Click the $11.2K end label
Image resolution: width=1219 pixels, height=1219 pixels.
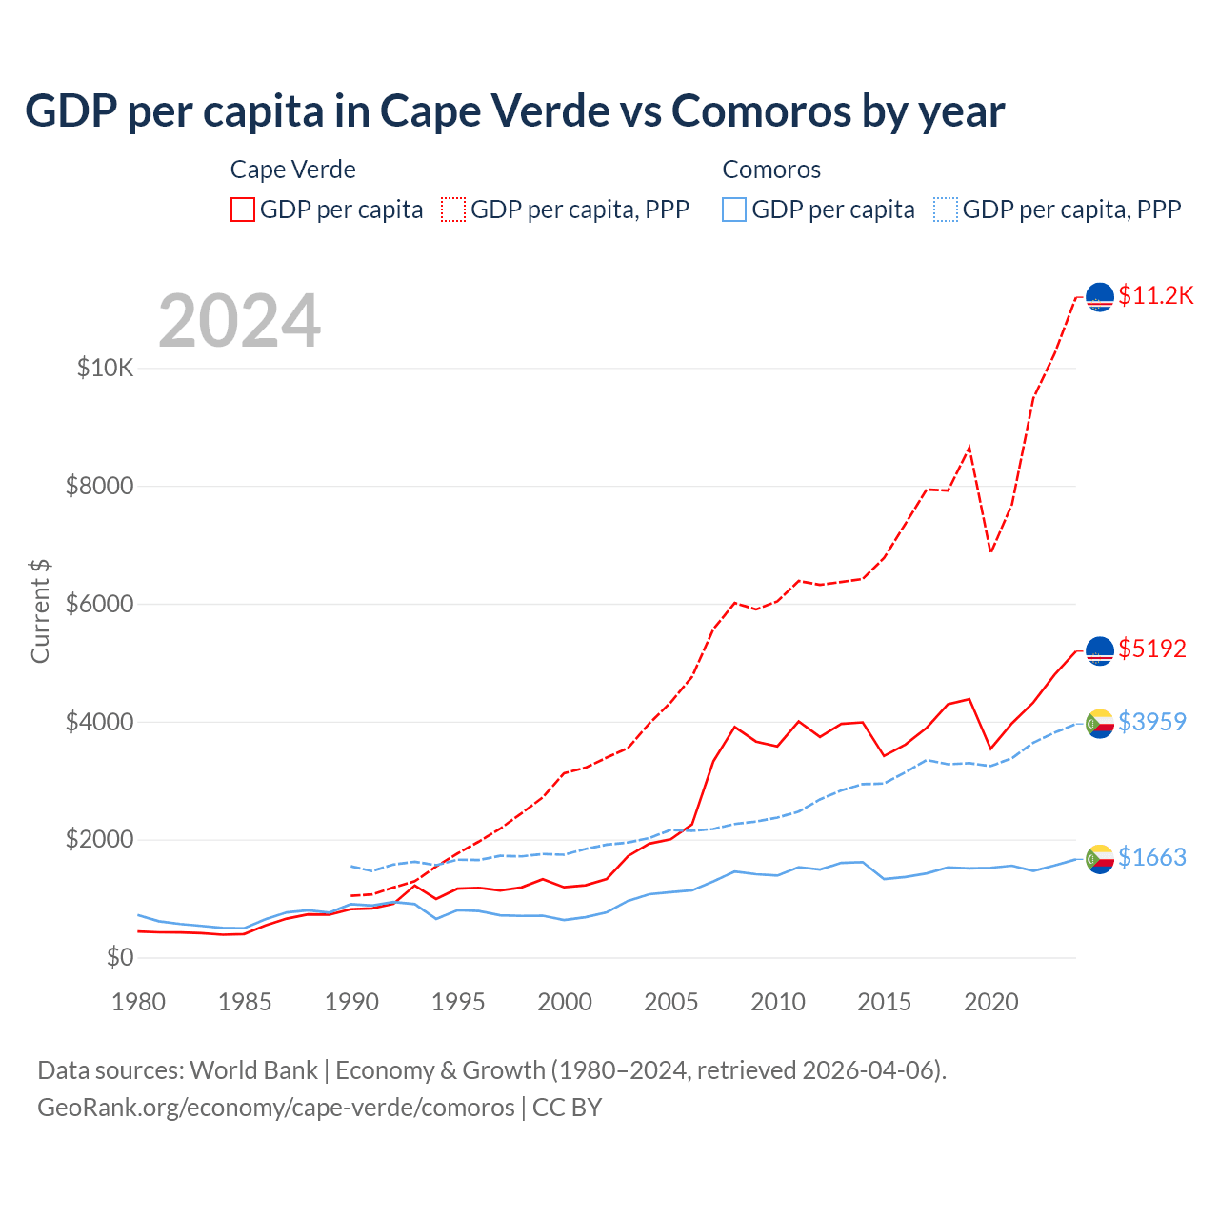point(1155,295)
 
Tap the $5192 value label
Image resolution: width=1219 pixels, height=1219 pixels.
point(1151,649)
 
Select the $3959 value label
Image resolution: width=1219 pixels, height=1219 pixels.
point(1151,722)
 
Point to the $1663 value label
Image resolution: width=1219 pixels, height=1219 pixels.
point(1151,857)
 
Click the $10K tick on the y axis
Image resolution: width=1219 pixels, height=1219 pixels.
point(106,368)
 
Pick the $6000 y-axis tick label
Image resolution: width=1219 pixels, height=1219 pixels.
point(99,604)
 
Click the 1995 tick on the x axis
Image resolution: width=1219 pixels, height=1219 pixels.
point(458,1002)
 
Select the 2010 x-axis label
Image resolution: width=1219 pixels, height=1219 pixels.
point(778,1002)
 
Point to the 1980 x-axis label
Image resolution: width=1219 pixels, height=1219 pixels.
point(139,1002)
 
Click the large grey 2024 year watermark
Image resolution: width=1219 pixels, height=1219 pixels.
point(239,321)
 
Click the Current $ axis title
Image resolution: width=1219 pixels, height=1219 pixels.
point(40,611)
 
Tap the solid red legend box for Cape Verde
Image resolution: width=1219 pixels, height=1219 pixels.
point(243,210)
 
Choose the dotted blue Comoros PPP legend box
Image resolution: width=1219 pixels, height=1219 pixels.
point(946,210)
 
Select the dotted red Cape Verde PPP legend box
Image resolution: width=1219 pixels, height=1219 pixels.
point(453,210)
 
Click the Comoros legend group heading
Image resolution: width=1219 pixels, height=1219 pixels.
point(771,170)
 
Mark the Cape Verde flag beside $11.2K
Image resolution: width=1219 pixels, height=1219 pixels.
point(1099,297)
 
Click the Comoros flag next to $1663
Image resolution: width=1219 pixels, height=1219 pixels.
point(1099,858)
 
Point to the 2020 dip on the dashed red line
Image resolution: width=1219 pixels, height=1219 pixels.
point(990,551)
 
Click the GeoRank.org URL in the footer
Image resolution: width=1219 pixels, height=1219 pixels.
point(276,1108)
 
